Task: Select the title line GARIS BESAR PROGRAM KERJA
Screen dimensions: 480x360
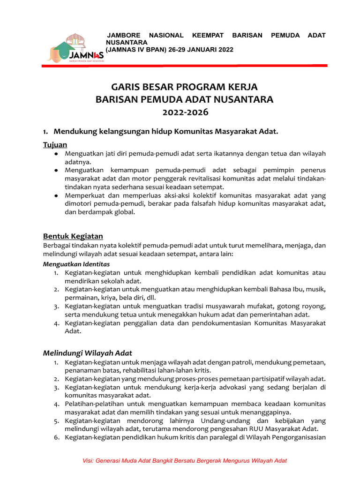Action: [x=184, y=87]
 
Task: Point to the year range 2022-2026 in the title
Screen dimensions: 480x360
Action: [x=184, y=112]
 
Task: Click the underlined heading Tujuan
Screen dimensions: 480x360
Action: [x=55, y=144]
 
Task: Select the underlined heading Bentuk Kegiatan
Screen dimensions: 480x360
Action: [x=73, y=236]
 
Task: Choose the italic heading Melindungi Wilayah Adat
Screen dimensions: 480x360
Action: [x=88, y=353]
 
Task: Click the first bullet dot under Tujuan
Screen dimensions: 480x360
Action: [x=56, y=154]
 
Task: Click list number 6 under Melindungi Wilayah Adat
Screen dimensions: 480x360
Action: [x=55, y=437]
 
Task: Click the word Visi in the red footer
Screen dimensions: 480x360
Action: [x=89, y=461]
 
